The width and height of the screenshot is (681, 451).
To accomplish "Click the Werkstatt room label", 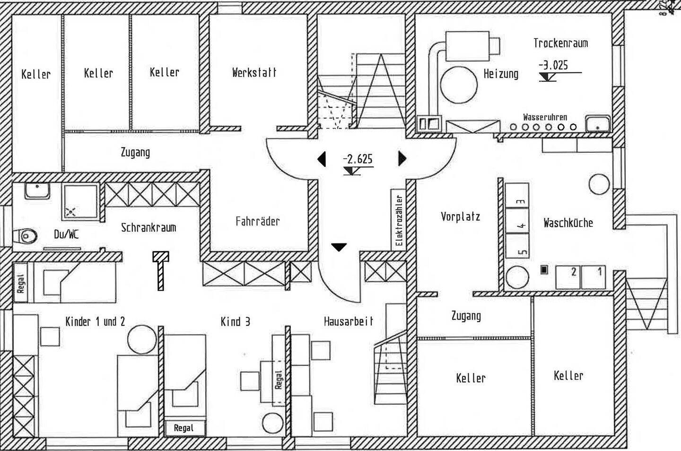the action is coord(254,72).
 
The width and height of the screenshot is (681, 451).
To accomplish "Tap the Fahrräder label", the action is coord(257,221).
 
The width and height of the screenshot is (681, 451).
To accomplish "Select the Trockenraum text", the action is coord(560,43).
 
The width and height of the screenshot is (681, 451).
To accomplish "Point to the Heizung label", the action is coord(501,74).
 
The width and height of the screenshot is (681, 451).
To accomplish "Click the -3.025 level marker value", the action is coord(553,65).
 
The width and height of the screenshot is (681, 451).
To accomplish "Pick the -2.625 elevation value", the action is coord(358,159).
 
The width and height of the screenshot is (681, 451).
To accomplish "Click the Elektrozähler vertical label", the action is coord(399,220).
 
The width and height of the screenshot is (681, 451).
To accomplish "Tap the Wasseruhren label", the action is coord(545,117).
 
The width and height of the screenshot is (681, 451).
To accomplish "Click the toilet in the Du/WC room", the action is coord(25,236).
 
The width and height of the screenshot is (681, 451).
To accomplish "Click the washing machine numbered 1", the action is coord(593,277).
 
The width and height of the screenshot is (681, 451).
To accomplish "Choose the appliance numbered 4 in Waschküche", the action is coord(517,220).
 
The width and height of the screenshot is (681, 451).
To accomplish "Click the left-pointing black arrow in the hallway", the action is coord(322,159).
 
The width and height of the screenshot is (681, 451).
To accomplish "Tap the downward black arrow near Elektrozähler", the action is coord(339,247).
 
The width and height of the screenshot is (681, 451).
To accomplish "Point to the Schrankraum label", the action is coord(148,227).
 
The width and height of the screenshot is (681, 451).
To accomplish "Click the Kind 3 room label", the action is coord(236,321).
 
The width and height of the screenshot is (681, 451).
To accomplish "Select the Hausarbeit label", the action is coord(349,321).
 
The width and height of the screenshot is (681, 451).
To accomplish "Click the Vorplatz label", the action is coord(460,217).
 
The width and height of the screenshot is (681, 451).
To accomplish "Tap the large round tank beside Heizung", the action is coord(459,85).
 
